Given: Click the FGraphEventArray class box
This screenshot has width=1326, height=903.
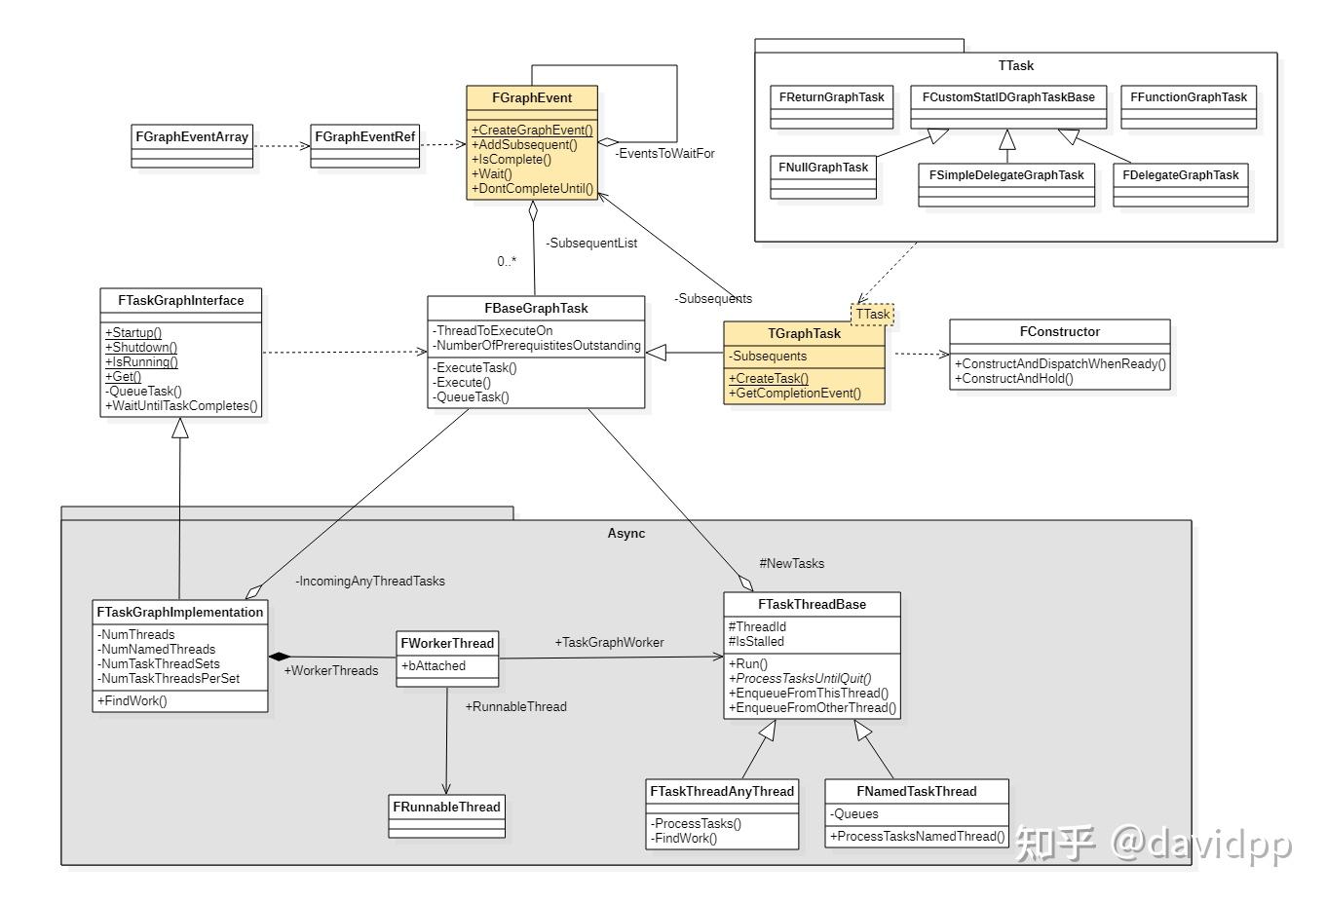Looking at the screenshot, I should coord(192,145).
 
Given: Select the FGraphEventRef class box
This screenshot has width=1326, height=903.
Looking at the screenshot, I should coord(364,145).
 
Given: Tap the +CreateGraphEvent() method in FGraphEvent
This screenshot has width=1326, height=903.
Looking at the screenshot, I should coord(532,130).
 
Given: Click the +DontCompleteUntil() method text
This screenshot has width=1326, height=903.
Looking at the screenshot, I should coord(532,188).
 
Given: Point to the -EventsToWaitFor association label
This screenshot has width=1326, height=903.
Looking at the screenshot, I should coord(664,153).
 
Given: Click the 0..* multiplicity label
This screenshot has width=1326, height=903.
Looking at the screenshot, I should coord(507,261).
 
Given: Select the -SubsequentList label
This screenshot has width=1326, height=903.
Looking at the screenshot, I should coord(591,243).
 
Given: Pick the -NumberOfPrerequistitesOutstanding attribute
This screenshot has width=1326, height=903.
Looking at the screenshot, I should coord(537,345).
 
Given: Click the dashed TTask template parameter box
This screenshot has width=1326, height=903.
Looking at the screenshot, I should coord(873,314).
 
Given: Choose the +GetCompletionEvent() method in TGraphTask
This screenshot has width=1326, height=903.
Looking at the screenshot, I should coord(795,393).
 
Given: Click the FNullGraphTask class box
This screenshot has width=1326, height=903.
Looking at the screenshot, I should coord(823,176).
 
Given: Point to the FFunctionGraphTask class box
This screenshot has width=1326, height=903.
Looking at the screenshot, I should coord(1189,106).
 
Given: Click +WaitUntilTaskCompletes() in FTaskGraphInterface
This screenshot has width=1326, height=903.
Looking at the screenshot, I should coord(182,405).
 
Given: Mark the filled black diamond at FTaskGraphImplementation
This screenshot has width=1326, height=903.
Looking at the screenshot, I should coord(280,657).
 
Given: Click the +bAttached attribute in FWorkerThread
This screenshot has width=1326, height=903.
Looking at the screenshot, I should coord(436,665).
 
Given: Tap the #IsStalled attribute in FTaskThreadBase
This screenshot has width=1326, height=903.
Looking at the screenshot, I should coord(756,641).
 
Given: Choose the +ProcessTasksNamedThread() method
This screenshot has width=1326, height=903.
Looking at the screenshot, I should coord(917,836).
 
